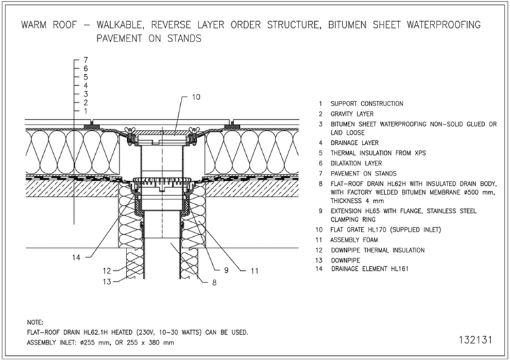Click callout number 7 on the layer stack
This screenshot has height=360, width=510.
(x=86, y=61)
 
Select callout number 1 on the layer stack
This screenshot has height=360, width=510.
(x=86, y=110)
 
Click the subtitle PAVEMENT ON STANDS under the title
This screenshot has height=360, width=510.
(x=149, y=38)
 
